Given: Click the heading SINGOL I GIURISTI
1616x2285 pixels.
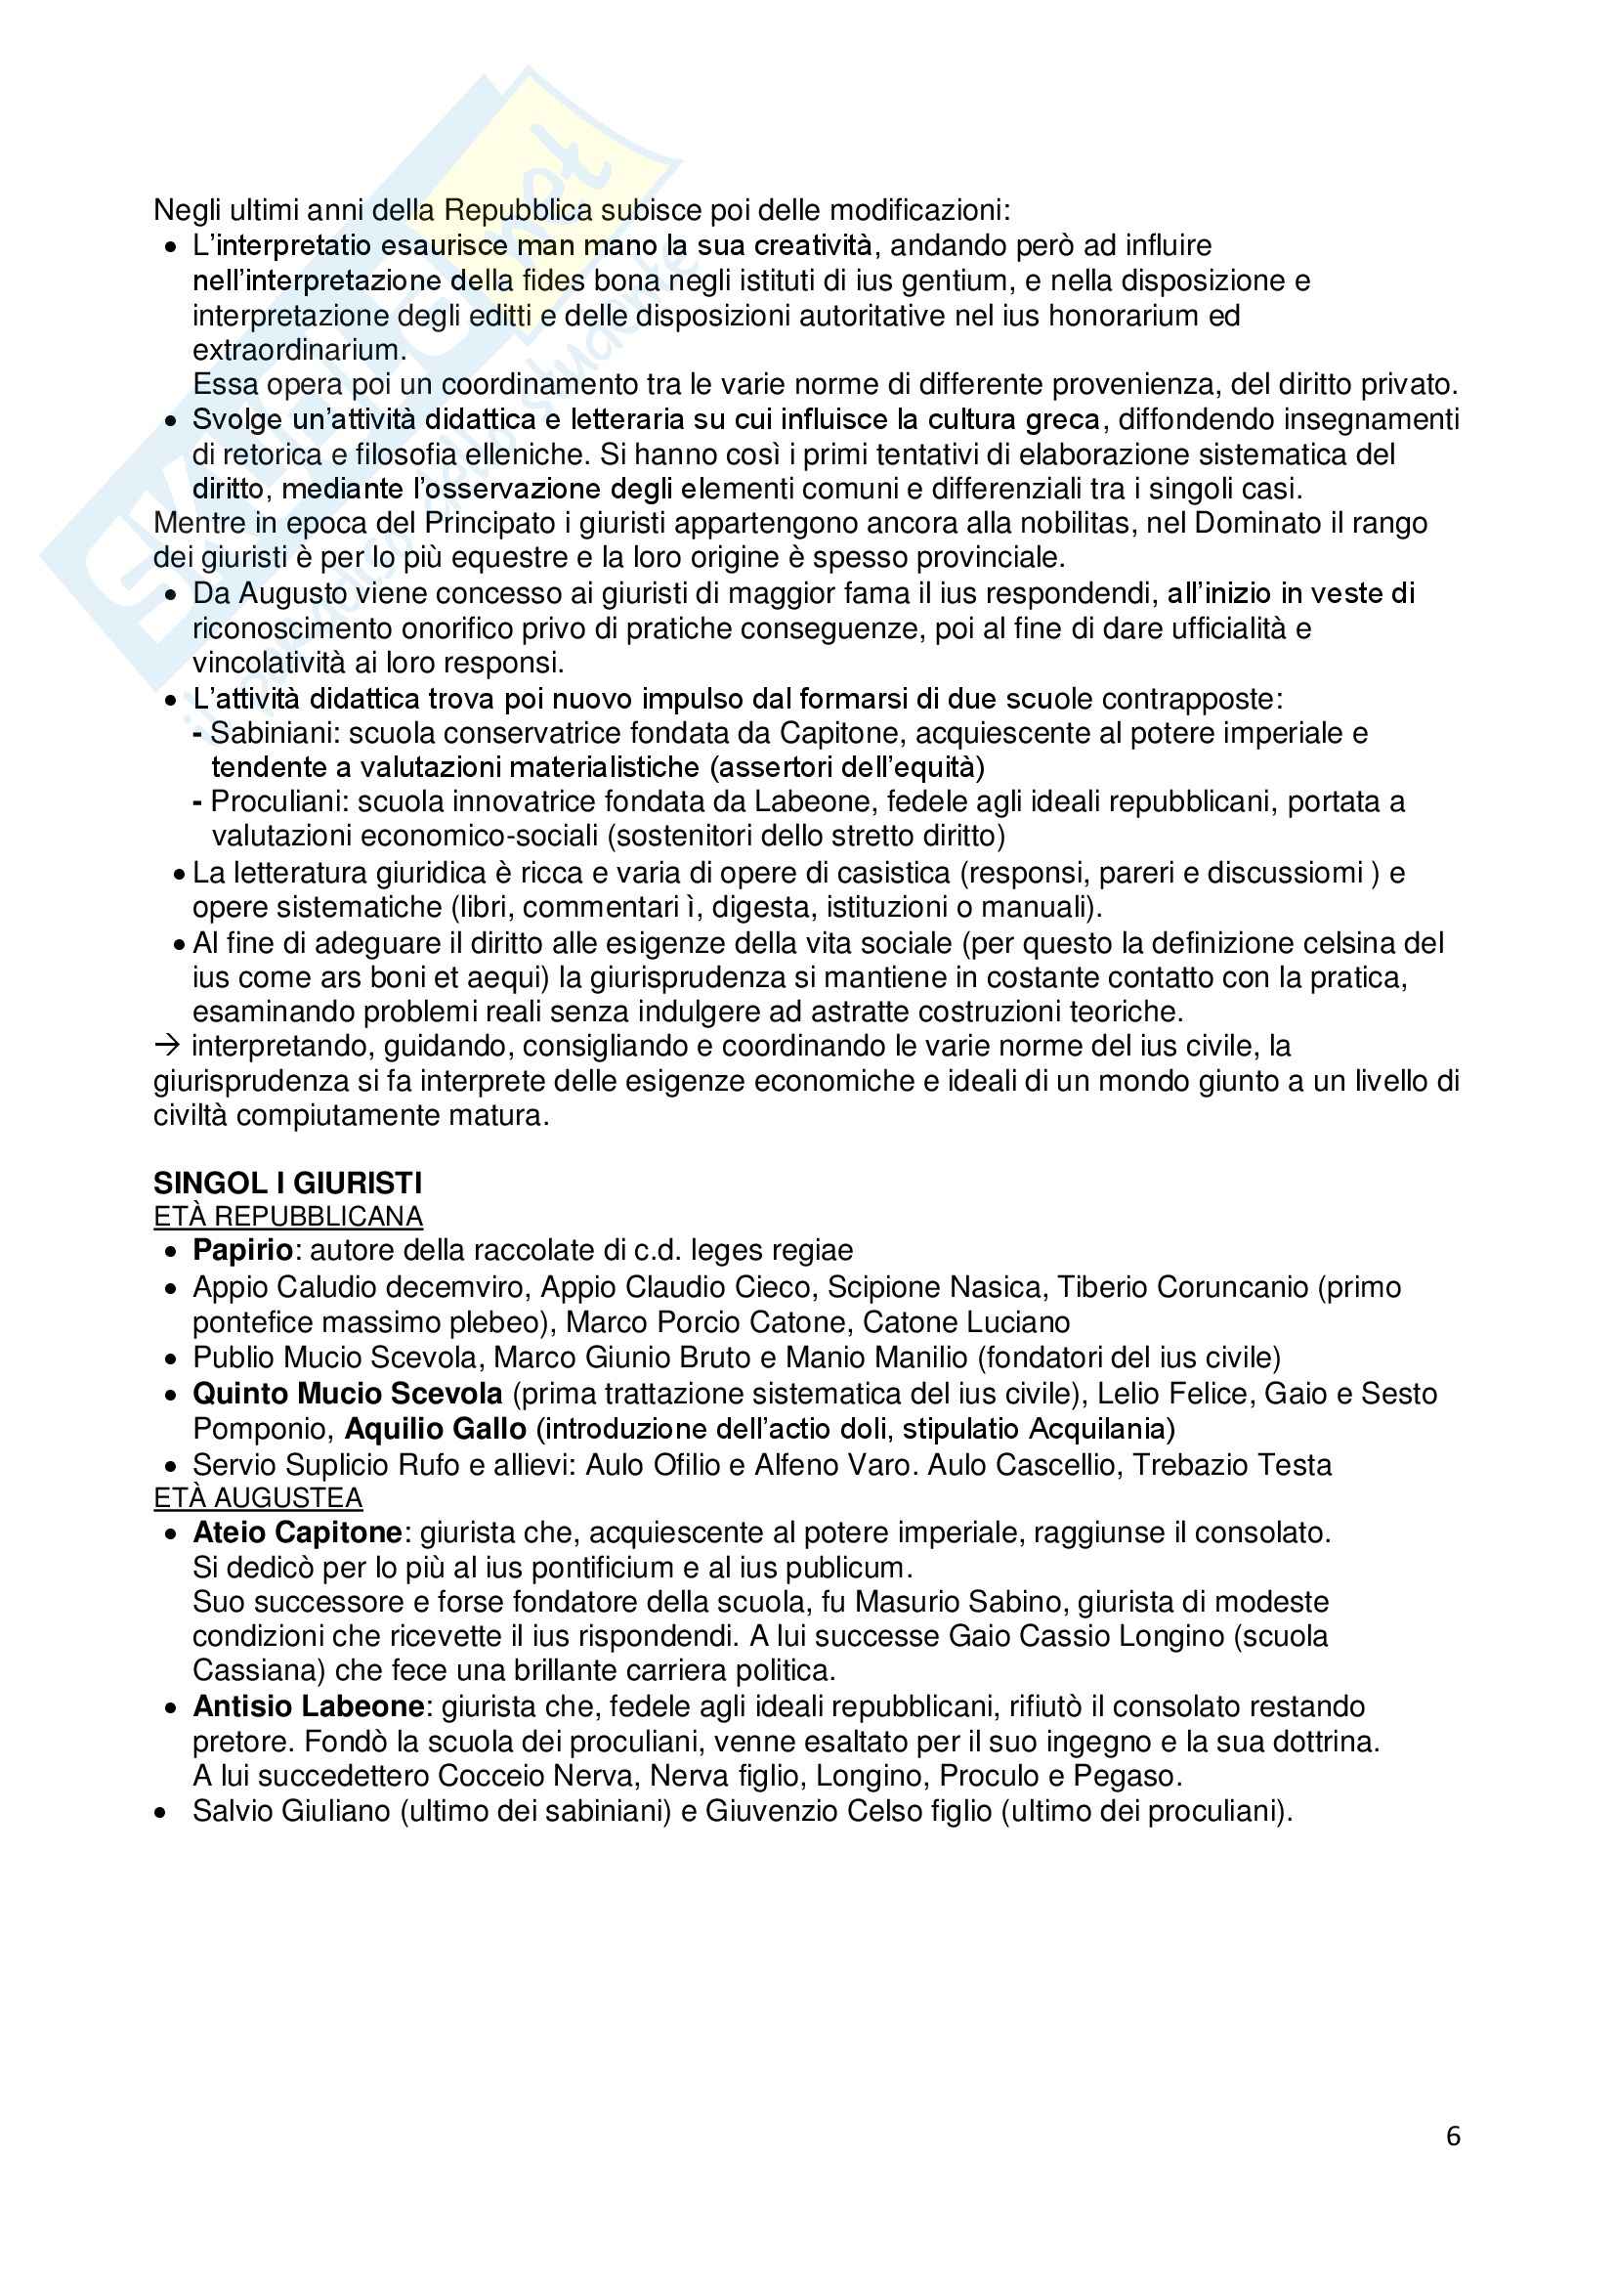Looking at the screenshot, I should tap(286, 1183).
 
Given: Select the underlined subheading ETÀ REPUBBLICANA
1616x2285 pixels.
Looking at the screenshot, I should tap(287, 1216).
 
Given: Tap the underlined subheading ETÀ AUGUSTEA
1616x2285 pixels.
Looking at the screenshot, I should tap(258, 1498).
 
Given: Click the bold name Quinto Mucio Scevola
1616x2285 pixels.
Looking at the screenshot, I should tap(347, 1394).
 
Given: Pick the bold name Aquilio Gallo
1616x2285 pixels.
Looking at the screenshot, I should tap(435, 1429).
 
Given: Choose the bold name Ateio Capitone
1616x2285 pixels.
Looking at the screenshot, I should tap(298, 1532).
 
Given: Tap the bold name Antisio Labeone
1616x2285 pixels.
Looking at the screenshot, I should tap(309, 1706).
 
